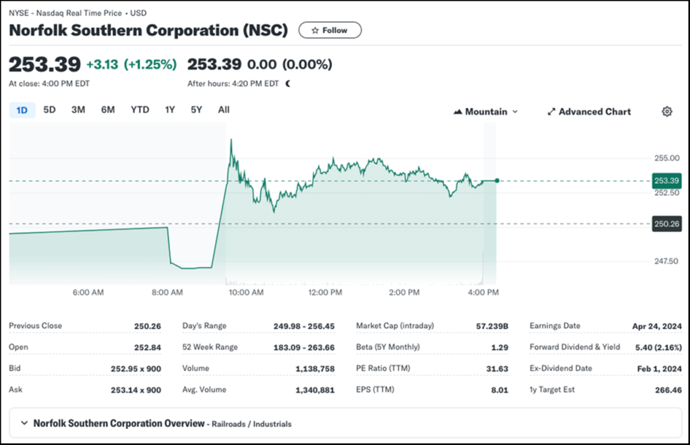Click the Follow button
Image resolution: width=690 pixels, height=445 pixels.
pyautogui.click(x=330, y=30)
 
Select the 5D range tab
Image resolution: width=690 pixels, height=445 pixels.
pyautogui.click(x=49, y=110)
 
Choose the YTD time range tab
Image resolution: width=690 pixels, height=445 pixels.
pyautogui.click(x=140, y=110)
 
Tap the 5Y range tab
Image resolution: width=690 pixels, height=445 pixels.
pyautogui.click(x=196, y=110)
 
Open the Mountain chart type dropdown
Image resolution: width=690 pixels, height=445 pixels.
pyautogui.click(x=486, y=112)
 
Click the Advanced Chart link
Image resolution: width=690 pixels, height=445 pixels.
pyautogui.click(x=589, y=112)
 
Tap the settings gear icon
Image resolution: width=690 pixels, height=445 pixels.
pyautogui.click(x=667, y=112)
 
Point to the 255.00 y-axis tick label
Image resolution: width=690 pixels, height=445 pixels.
pyautogui.click(x=666, y=158)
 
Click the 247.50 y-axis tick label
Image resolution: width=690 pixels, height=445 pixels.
pyautogui.click(x=666, y=261)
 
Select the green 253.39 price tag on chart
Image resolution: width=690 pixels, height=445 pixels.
pyautogui.click(x=666, y=181)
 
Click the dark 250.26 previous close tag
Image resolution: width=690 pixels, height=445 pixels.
pyautogui.click(x=666, y=224)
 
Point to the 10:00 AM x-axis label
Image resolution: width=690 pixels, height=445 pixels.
pyautogui.click(x=246, y=293)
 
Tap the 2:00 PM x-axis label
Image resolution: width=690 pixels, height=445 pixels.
pyautogui.click(x=404, y=293)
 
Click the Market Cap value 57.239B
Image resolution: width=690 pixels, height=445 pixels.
pyautogui.click(x=492, y=326)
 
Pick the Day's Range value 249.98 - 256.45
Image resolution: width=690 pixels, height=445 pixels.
pyautogui.click(x=303, y=326)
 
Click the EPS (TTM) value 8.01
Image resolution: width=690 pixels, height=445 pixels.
pyautogui.click(x=499, y=390)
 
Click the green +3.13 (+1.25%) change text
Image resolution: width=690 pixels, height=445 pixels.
pyautogui.click(x=131, y=65)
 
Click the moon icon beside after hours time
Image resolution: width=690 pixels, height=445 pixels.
pyautogui.click(x=288, y=84)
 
